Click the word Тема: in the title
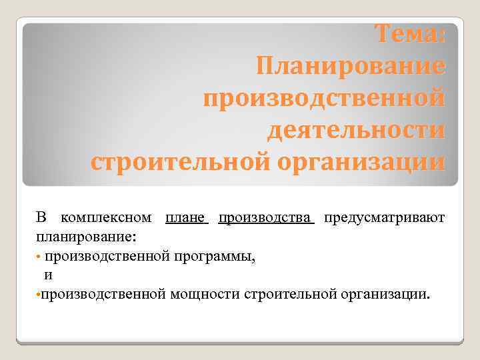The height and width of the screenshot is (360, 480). (x=408, y=33)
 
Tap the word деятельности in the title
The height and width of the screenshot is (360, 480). (x=355, y=129)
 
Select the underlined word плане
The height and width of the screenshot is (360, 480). (x=187, y=218)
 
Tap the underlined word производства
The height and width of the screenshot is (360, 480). (x=266, y=218)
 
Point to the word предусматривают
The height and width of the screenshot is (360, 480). (x=383, y=218)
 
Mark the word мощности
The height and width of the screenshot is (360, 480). (x=204, y=294)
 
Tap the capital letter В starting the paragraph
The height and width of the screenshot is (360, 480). (x=41, y=218)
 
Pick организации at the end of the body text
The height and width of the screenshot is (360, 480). (x=381, y=294)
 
